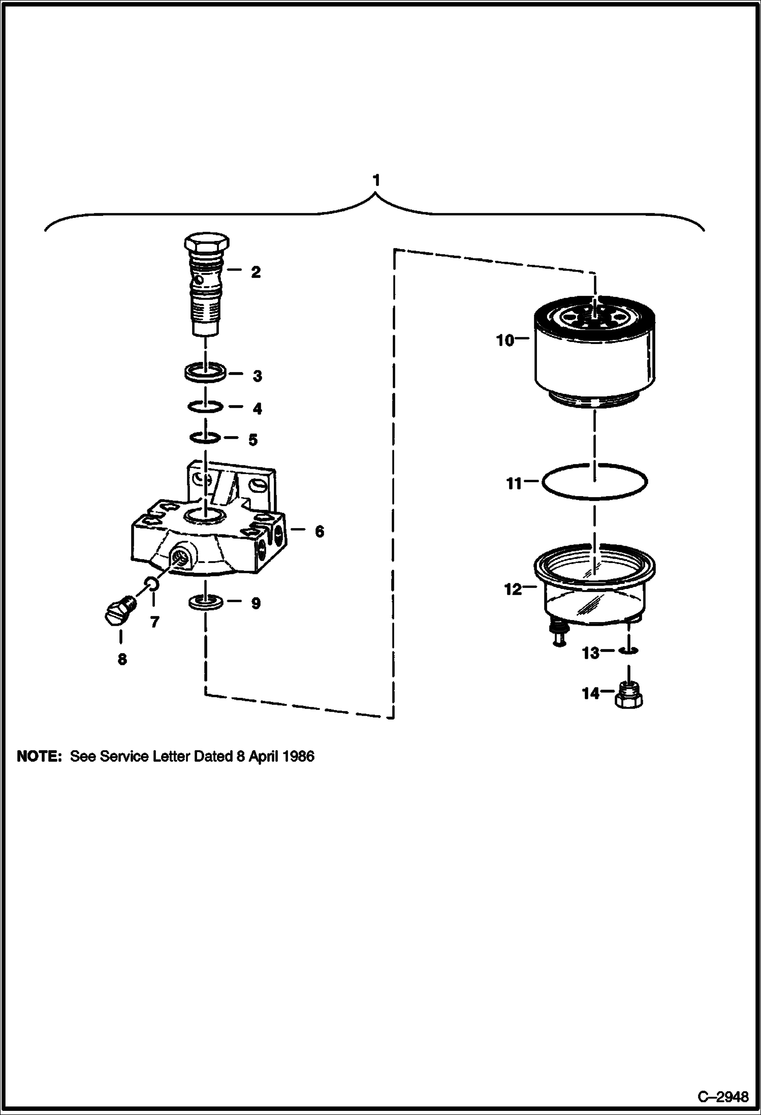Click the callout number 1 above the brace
click(x=376, y=180)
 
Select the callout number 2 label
click(x=256, y=272)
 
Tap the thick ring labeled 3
click(x=205, y=373)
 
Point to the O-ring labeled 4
click(x=205, y=407)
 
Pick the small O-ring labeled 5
click(x=205, y=437)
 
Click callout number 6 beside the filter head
click(x=319, y=532)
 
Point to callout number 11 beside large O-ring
click(x=515, y=484)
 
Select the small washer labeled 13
click(x=629, y=651)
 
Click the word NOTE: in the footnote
click(x=39, y=757)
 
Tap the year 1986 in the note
click(x=298, y=757)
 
